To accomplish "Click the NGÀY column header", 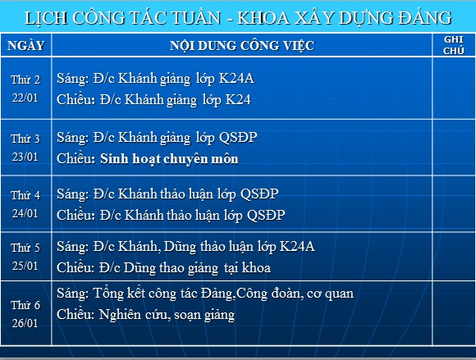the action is click(x=26, y=45).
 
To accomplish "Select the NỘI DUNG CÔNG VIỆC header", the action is click(x=242, y=46).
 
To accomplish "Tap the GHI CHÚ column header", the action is click(x=454, y=45).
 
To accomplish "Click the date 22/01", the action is click(x=25, y=98).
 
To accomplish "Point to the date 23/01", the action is click(x=25, y=157).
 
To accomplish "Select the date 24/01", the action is click(x=25, y=213).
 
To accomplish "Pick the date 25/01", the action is click(x=25, y=266).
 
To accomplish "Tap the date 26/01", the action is click(x=25, y=323).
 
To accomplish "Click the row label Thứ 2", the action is click(x=25, y=80).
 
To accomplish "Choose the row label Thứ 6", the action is click(x=25, y=305).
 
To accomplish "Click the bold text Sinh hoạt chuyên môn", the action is click(x=169, y=158).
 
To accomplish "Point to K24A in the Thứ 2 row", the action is click(x=236, y=78).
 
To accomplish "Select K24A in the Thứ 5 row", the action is click(x=297, y=246).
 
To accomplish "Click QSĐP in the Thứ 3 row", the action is click(x=238, y=138).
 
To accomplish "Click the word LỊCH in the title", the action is click(x=46, y=17).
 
